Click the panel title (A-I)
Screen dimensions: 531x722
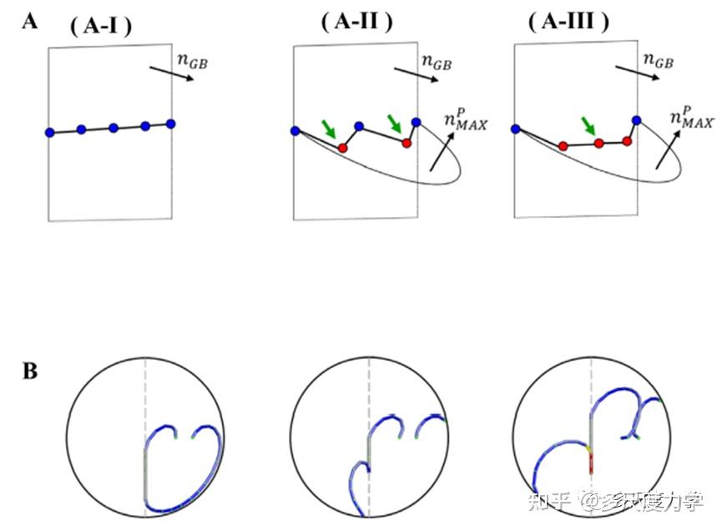pyautogui.click(x=98, y=27)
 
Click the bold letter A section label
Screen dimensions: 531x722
pyautogui.click(x=29, y=22)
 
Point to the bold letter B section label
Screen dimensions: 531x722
pyautogui.click(x=29, y=371)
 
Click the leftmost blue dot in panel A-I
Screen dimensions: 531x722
pyautogui.click(x=50, y=132)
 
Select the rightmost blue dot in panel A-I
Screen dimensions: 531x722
pyautogui.click(x=171, y=124)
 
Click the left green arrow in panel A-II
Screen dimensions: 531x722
pyautogui.click(x=330, y=129)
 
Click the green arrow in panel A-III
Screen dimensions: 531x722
pyautogui.click(x=590, y=126)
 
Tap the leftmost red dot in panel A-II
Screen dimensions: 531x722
pyautogui.click(x=342, y=148)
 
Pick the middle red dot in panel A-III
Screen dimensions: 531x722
pyautogui.click(x=598, y=144)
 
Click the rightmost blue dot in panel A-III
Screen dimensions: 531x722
pyautogui.click(x=636, y=120)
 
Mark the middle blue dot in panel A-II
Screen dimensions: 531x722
pyautogui.click(x=359, y=126)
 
